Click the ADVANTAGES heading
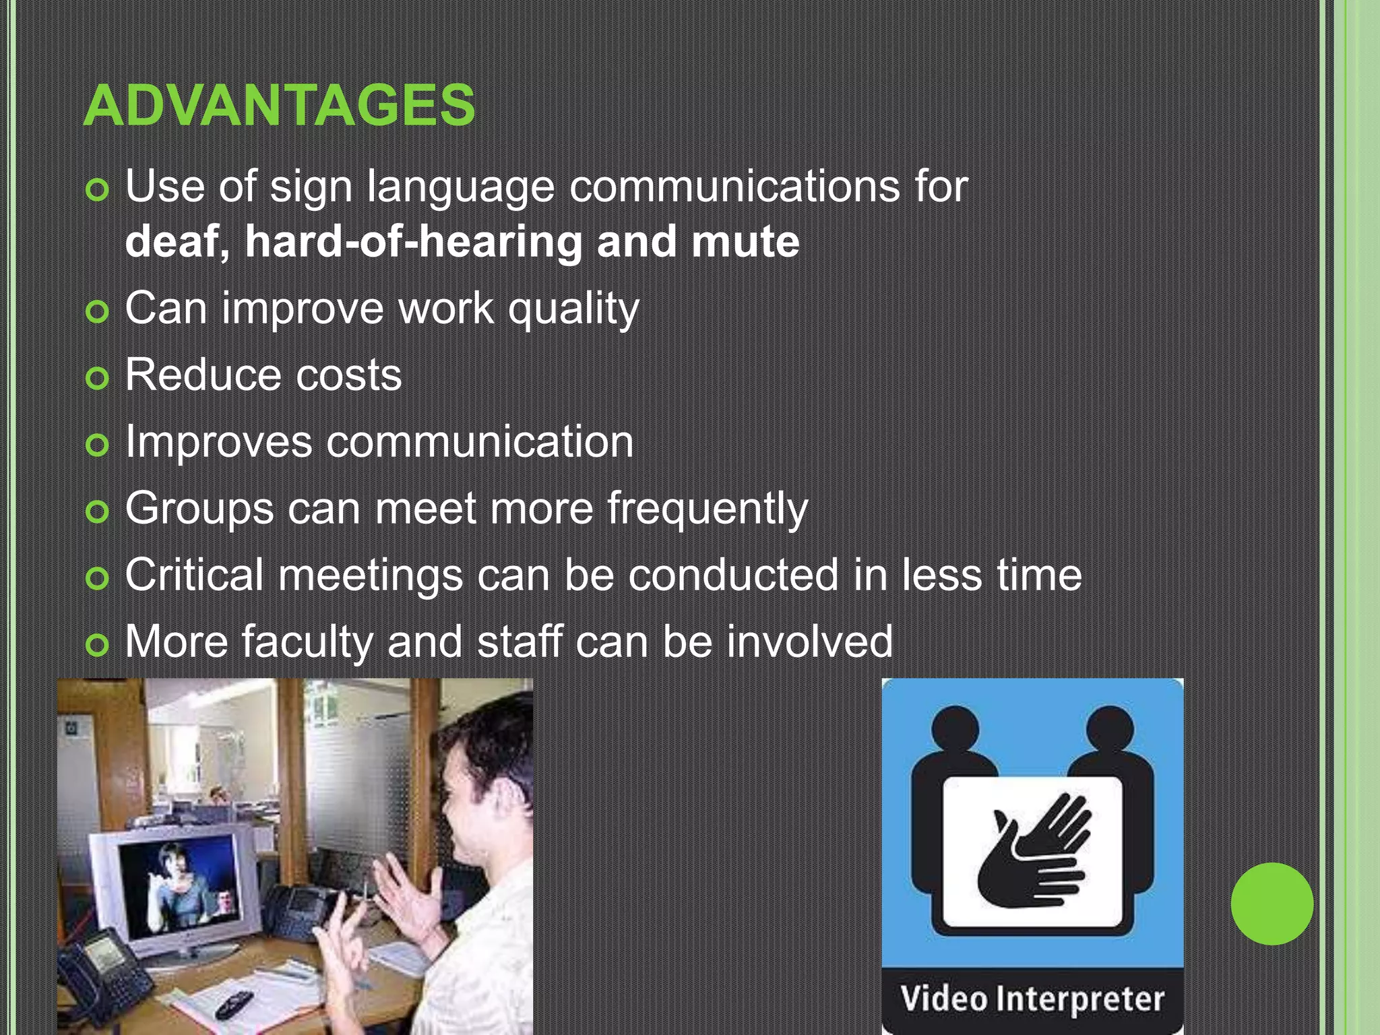279,105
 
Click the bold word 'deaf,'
177,241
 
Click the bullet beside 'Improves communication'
98,445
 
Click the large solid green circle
1272,904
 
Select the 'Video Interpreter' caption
1032,999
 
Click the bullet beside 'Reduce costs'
98,379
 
